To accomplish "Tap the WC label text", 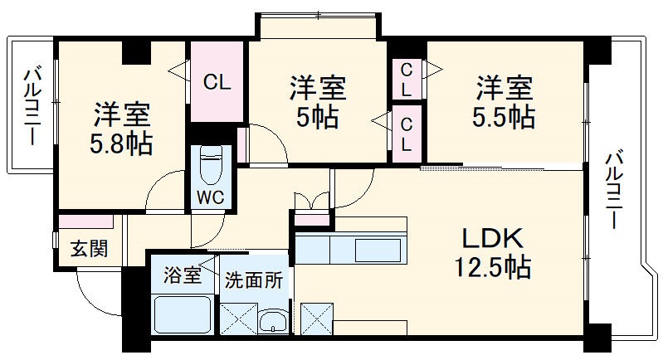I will pyautogui.click(x=208, y=197).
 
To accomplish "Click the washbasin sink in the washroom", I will pyautogui.click(x=271, y=321).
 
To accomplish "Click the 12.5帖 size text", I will pyautogui.click(x=492, y=267).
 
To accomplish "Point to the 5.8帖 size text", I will pyautogui.click(x=121, y=144).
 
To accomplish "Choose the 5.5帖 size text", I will pyautogui.click(x=503, y=117).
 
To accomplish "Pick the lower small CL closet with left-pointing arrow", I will pyautogui.click(x=406, y=133).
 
